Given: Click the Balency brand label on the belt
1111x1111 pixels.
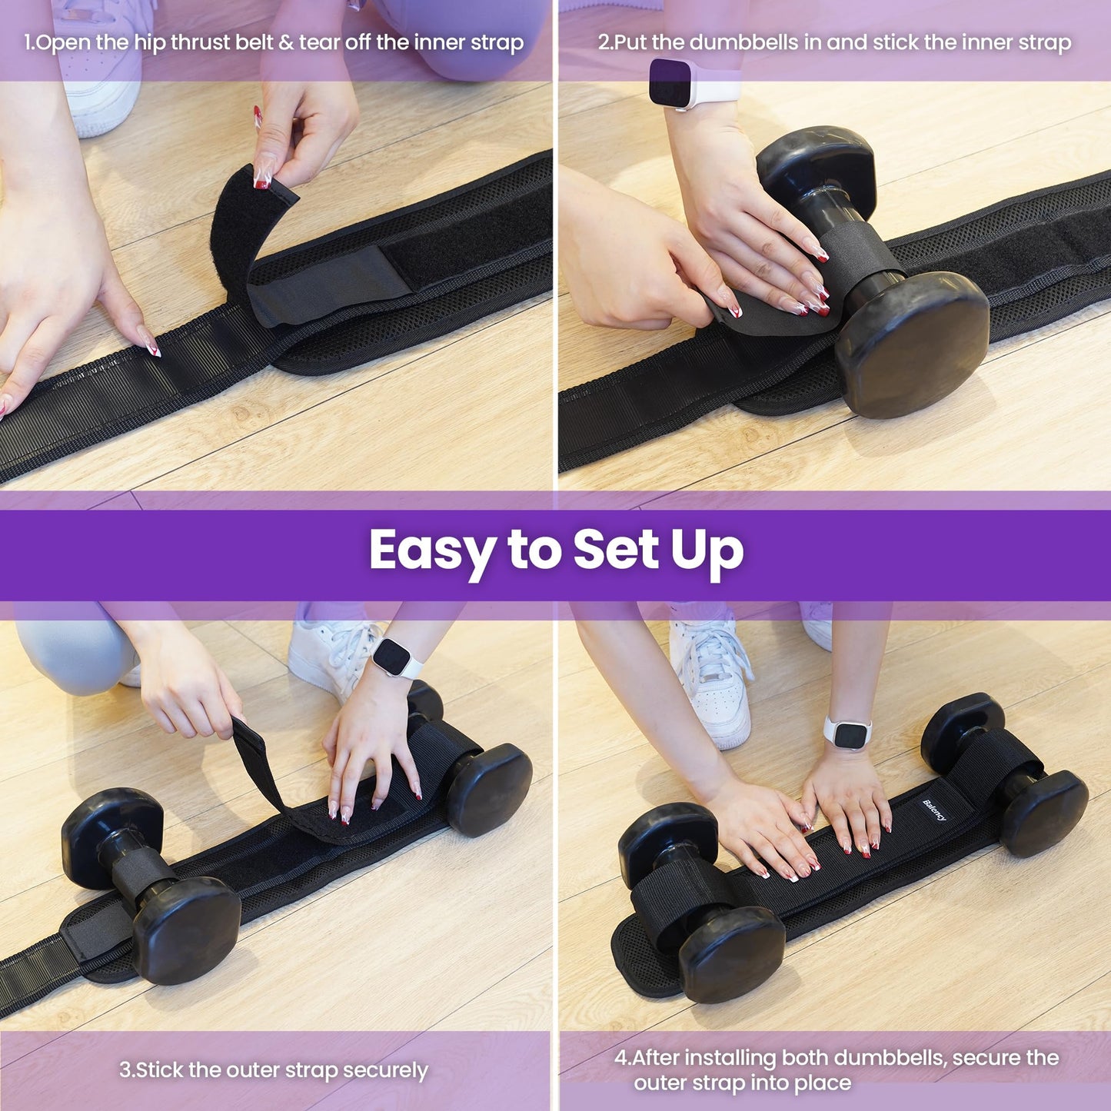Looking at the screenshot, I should (x=935, y=810).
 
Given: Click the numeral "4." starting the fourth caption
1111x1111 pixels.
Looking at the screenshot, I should (x=622, y=1058).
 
